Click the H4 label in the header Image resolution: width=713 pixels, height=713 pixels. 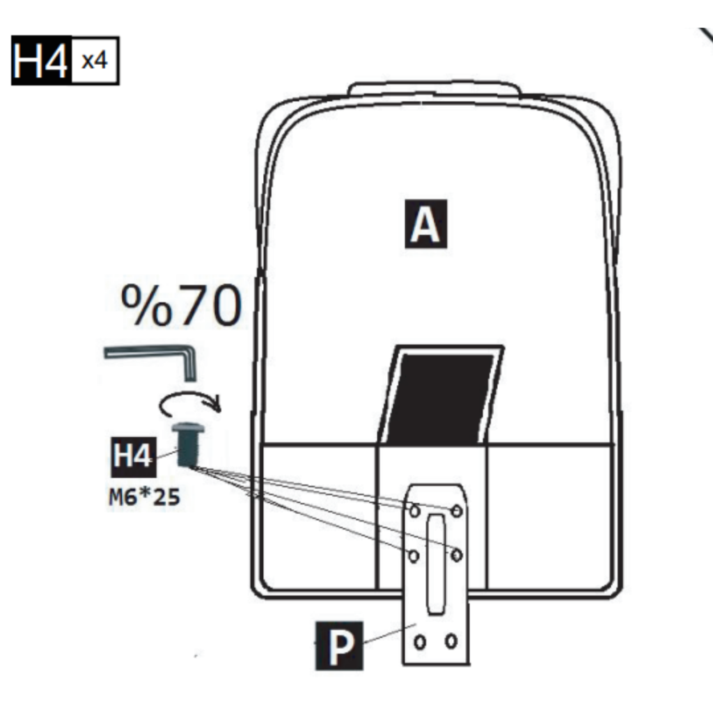(x=41, y=61)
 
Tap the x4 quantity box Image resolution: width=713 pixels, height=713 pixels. (x=95, y=61)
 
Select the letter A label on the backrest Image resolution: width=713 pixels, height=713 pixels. (x=425, y=224)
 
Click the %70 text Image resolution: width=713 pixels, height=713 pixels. (x=182, y=306)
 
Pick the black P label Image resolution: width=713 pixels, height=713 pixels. (x=338, y=646)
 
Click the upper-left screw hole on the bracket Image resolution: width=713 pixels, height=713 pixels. (x=414, y=511)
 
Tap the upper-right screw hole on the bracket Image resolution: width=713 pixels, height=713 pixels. (x=457, y=511)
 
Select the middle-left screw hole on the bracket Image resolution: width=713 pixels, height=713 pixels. (x=414, y=556)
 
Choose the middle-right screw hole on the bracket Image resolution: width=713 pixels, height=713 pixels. (x=457, y=556)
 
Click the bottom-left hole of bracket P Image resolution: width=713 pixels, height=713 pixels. (x=420, y=641)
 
